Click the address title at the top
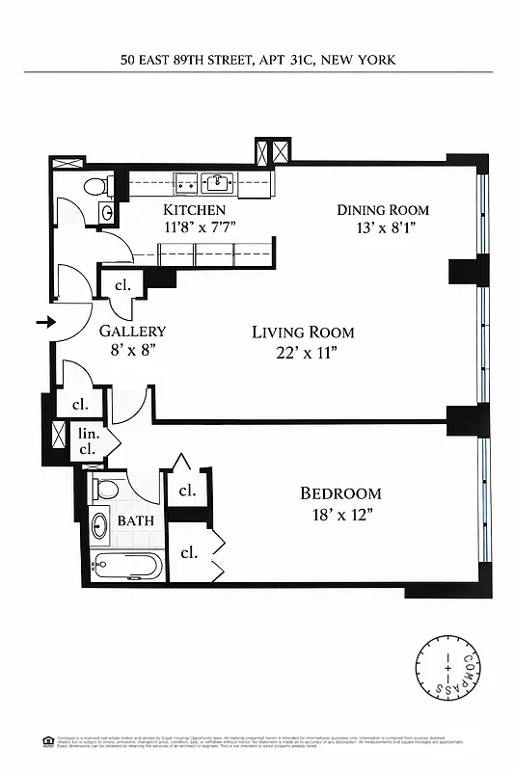[257, 60]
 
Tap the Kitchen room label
[194, 210]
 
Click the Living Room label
[303, 332]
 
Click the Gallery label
[132, 331]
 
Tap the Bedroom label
[340, 493]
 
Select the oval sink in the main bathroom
[99, 526]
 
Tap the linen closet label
[87, 441]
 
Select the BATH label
[135, 520]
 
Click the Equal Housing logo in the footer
[48, 740]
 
